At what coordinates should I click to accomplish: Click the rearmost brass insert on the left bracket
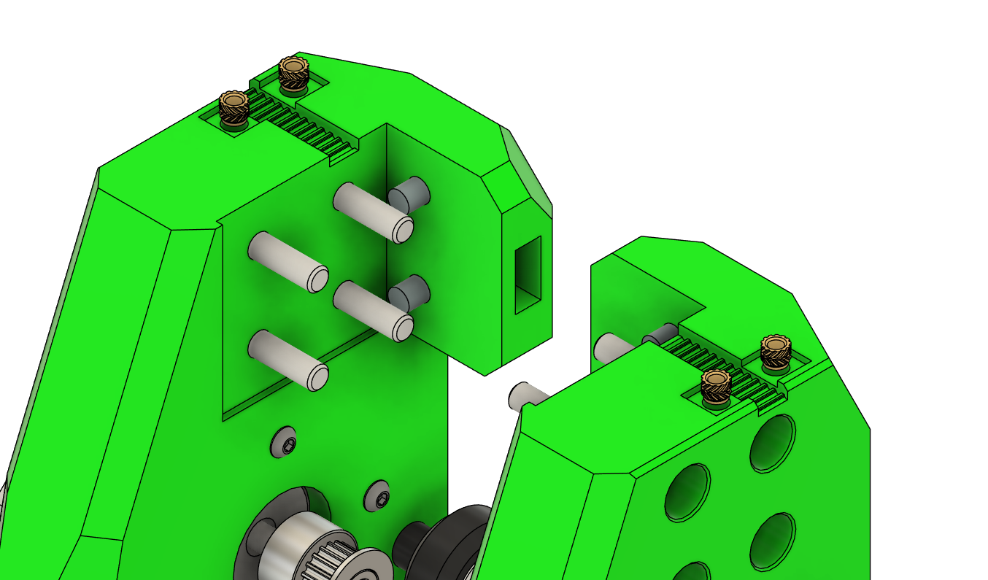point(294,73)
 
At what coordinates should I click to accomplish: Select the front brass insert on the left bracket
point(234,108)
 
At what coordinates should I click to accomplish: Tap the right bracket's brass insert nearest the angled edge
point(775,351)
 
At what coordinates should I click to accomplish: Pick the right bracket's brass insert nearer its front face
point(716,386)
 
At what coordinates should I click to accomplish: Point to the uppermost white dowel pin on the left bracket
point(373,212)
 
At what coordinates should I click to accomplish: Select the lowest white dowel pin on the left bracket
point(287,359)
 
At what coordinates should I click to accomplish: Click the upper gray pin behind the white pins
point(409,194)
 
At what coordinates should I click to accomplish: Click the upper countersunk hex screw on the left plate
point(283,442)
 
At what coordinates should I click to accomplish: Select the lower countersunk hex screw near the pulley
point(377,498)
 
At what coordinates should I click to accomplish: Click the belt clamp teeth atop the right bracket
point(722,364)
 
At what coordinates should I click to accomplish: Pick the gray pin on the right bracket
point(660,336)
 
